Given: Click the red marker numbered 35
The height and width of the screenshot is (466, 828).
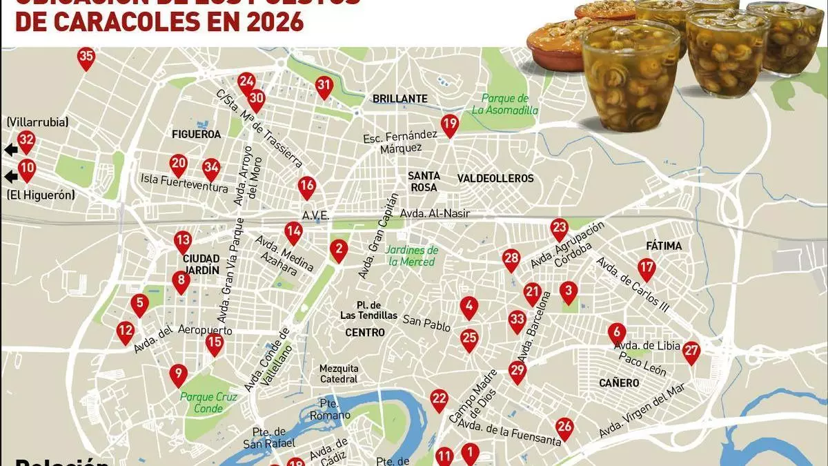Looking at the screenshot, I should pos(86,59).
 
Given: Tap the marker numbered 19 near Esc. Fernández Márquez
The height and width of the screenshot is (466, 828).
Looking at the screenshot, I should pos(450,125).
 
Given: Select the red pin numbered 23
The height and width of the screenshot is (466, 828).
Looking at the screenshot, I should pos(559,228).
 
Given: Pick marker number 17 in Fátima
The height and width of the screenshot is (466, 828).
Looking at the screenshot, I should pos(647,268).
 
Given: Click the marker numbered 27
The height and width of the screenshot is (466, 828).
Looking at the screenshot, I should pos(691,351).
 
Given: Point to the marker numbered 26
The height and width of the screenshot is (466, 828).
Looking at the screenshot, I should pos(565,427).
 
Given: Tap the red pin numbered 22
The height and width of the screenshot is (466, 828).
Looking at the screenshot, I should pos(440,398).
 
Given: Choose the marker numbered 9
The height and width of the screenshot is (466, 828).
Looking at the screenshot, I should pos(178,375).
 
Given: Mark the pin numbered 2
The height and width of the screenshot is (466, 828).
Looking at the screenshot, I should pos(338,249).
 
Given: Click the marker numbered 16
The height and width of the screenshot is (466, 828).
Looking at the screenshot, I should pos(307,186).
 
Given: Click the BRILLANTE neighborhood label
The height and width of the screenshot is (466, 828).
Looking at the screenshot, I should pos(400,99).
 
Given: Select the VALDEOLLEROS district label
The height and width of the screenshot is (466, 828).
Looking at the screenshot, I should pos(495,178).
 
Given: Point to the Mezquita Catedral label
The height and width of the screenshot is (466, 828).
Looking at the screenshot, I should pos(339,373).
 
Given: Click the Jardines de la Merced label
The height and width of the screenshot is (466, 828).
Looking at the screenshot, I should pos(413,255).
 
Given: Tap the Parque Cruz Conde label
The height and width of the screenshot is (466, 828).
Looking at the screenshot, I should pos(208,402).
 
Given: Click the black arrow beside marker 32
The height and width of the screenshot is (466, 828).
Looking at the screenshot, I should pos(10,150).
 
